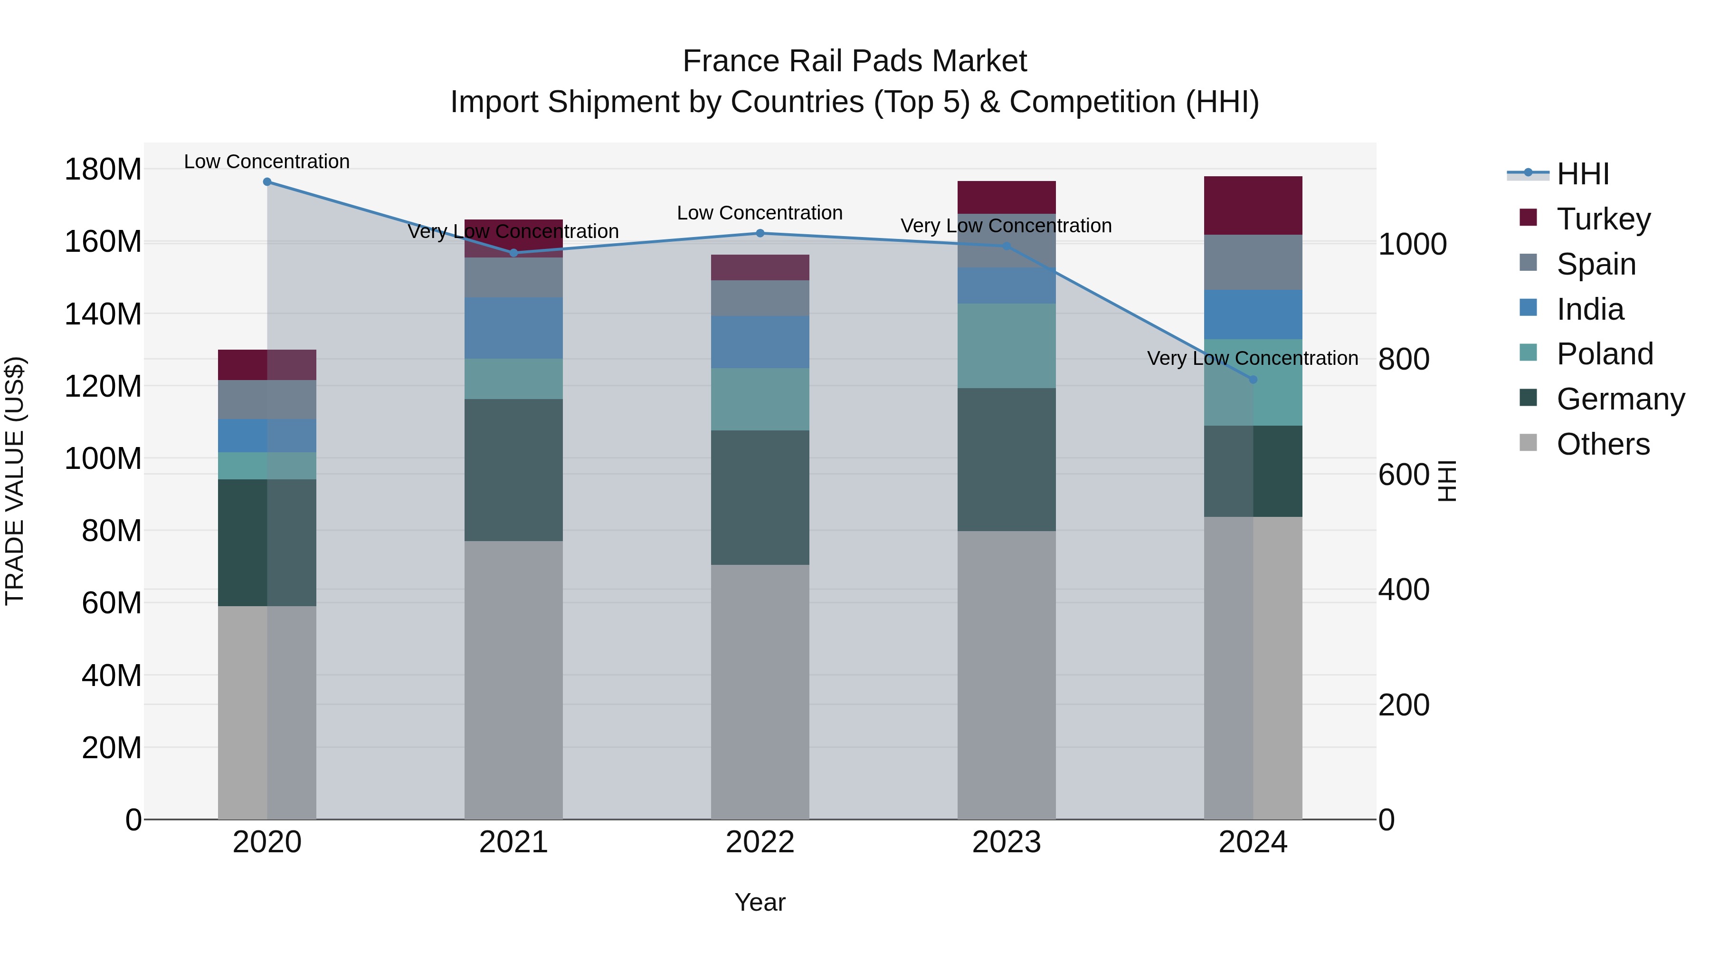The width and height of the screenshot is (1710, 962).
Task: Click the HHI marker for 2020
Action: click(267, 181)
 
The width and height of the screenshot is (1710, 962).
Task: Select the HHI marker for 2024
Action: click(1253, 379)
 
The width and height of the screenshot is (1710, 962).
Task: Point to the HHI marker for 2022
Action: click(760, 233)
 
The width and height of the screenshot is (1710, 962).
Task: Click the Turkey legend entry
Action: click(1603, 219)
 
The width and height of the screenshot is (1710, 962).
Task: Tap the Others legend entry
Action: click(1603, 444)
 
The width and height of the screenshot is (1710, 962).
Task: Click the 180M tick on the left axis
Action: click(103, 169)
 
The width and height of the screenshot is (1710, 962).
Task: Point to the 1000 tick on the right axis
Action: click(1412, 244)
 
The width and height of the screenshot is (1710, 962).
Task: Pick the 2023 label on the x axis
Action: click(1007, 842)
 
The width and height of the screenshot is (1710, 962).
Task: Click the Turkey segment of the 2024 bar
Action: click(1253, 205)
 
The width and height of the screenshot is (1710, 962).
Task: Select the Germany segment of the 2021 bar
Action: click(513, 469)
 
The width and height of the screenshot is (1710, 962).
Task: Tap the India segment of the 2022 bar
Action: click(760, 342)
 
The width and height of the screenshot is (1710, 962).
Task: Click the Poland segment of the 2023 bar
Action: click(1007, 345)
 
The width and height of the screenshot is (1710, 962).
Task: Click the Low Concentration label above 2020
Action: click(267, 162)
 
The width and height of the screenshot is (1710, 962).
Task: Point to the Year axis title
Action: click(760, 902)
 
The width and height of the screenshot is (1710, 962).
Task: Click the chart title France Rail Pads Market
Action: click(855, 61)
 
